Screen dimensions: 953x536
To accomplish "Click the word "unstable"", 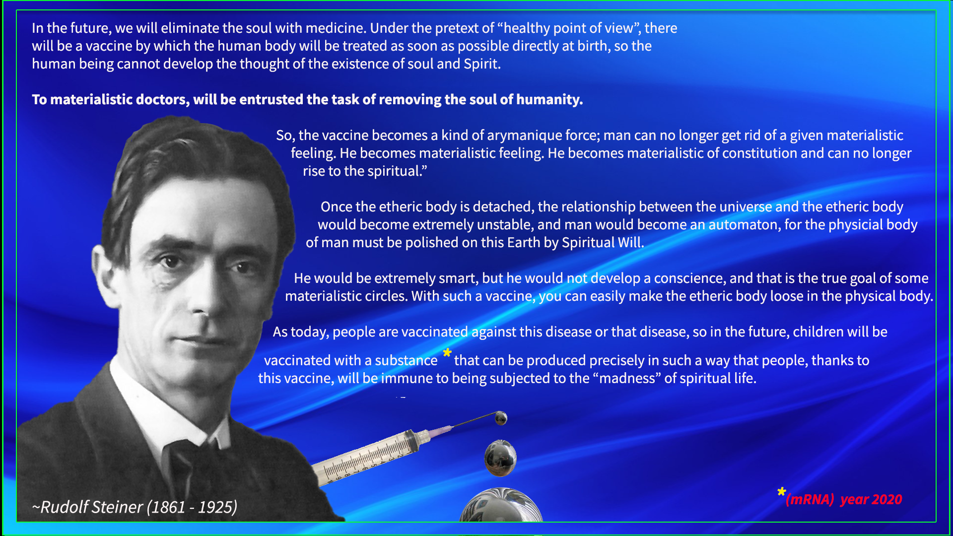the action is [505, 225].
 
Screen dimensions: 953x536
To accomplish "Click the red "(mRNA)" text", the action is [810, 499].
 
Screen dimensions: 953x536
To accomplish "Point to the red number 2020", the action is [886, 499].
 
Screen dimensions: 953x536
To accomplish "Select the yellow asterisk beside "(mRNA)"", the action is [782, 492].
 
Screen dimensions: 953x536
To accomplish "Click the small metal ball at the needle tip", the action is [501, 418].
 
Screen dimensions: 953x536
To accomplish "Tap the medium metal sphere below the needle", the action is [500, 458].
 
